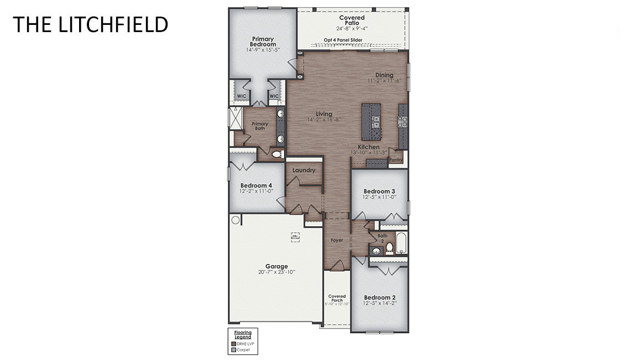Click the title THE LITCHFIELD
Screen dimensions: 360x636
pyautogui.click(x=90, y=24)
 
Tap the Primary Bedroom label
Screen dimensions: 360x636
pyautogui.click(x=263, y=41)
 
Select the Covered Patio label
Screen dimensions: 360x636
pyautogui.click(x=352, y=20)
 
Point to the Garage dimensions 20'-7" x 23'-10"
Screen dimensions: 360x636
pyautogui.click(x=276, y=272)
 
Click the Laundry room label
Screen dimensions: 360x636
pyautogui.click(x=304, y=170)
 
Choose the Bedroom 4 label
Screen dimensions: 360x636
pyautogui.click(x=256, y=185)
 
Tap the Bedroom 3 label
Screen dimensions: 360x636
pyautogui.click(x=379, y=191)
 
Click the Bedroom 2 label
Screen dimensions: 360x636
pyautogui.click(x=379, y=298)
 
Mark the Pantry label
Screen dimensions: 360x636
pyautogui.click(x=395, y=160)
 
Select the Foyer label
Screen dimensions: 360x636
pyautogui.click(x=337, y=240)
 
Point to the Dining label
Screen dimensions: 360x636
pyautogui.click(x=384, y=75)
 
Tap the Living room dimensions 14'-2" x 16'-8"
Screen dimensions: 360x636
pyautogui.click(x=324, y=119)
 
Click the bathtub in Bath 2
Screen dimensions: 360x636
pyautogui.click(x=402, y=243)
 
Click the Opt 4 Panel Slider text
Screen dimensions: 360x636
pyautogui.click(x=343, y=40)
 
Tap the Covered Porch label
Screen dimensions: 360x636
pyautogui.click(x=337, y=298)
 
